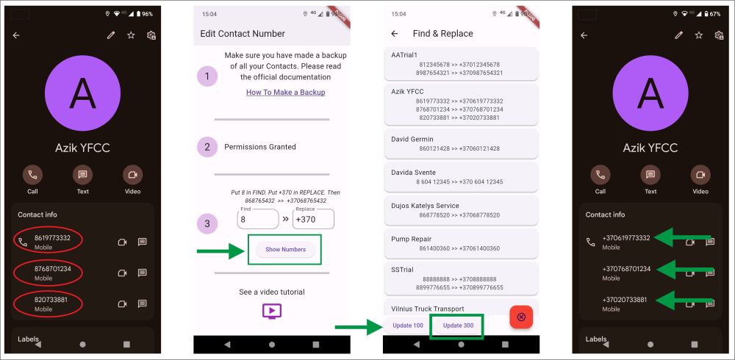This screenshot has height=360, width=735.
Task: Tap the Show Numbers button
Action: [x=285, y=249]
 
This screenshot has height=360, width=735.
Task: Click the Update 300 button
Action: [x=458, y=325]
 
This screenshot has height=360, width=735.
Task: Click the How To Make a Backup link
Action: [x=285, y=93]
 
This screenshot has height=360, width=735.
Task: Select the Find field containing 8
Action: [x=258, y=219]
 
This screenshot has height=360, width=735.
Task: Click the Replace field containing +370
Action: [x=313, y=219]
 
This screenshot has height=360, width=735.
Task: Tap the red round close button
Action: [x=521, y=317]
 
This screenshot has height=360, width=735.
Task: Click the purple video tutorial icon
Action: [x=272, y=312]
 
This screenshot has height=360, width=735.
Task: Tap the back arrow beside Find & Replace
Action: [x=395, y=34]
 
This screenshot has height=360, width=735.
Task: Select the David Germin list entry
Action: [x=461, y=143]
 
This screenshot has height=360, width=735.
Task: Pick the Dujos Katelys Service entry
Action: [x=461, y=210]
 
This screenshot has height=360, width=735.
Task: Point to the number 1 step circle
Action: [x=207, y=76]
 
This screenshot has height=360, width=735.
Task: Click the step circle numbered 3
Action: [x=207, y=223]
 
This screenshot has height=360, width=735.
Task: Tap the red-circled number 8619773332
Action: [x=52, y=237]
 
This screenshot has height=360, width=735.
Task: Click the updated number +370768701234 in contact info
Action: [x=626, y=269]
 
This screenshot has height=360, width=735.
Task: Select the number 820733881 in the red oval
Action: [x=51, y=300]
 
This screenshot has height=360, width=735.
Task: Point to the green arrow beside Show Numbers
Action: [x=221, y=251]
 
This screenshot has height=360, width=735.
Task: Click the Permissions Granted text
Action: [x=260, y=147]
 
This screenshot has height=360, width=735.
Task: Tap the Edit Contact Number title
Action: [x=243, y=34]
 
